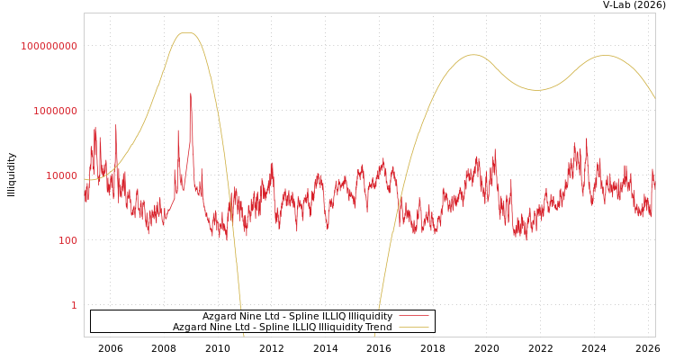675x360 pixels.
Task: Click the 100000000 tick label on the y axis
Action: (x=49, y=46)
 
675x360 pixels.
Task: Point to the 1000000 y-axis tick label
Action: (x=56, y=111)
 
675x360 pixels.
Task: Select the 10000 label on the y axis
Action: (x=62, y=175)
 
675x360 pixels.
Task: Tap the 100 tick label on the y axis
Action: (x=68, y=240)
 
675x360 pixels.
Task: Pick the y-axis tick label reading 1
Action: (x=75, y=305)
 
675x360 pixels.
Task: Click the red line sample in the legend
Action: (x=414, y=316)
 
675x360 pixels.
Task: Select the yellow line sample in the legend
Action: (x=414, y=327)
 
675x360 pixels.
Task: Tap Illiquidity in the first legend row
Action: (x=370, y=316)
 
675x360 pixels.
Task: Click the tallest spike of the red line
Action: (x=191, y=94)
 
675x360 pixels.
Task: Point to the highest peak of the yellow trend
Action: (x=186, y=33)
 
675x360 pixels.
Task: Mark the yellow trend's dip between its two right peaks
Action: (x=536, y=90)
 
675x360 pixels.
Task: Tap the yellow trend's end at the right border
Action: (x=654, y=97)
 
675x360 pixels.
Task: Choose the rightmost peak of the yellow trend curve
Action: (x=605, y=56)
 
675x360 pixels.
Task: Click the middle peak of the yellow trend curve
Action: (x=473, y=55)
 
